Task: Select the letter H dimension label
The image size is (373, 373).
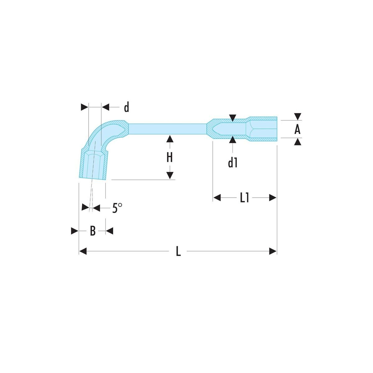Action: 170,158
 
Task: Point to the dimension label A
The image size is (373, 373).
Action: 297,129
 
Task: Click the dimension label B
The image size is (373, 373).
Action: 93,231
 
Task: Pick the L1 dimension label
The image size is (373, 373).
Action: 245,198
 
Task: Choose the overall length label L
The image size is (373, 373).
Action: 178,251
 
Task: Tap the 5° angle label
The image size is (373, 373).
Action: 117,208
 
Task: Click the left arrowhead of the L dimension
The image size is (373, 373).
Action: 83,251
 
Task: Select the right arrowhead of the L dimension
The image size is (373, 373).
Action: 273,251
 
